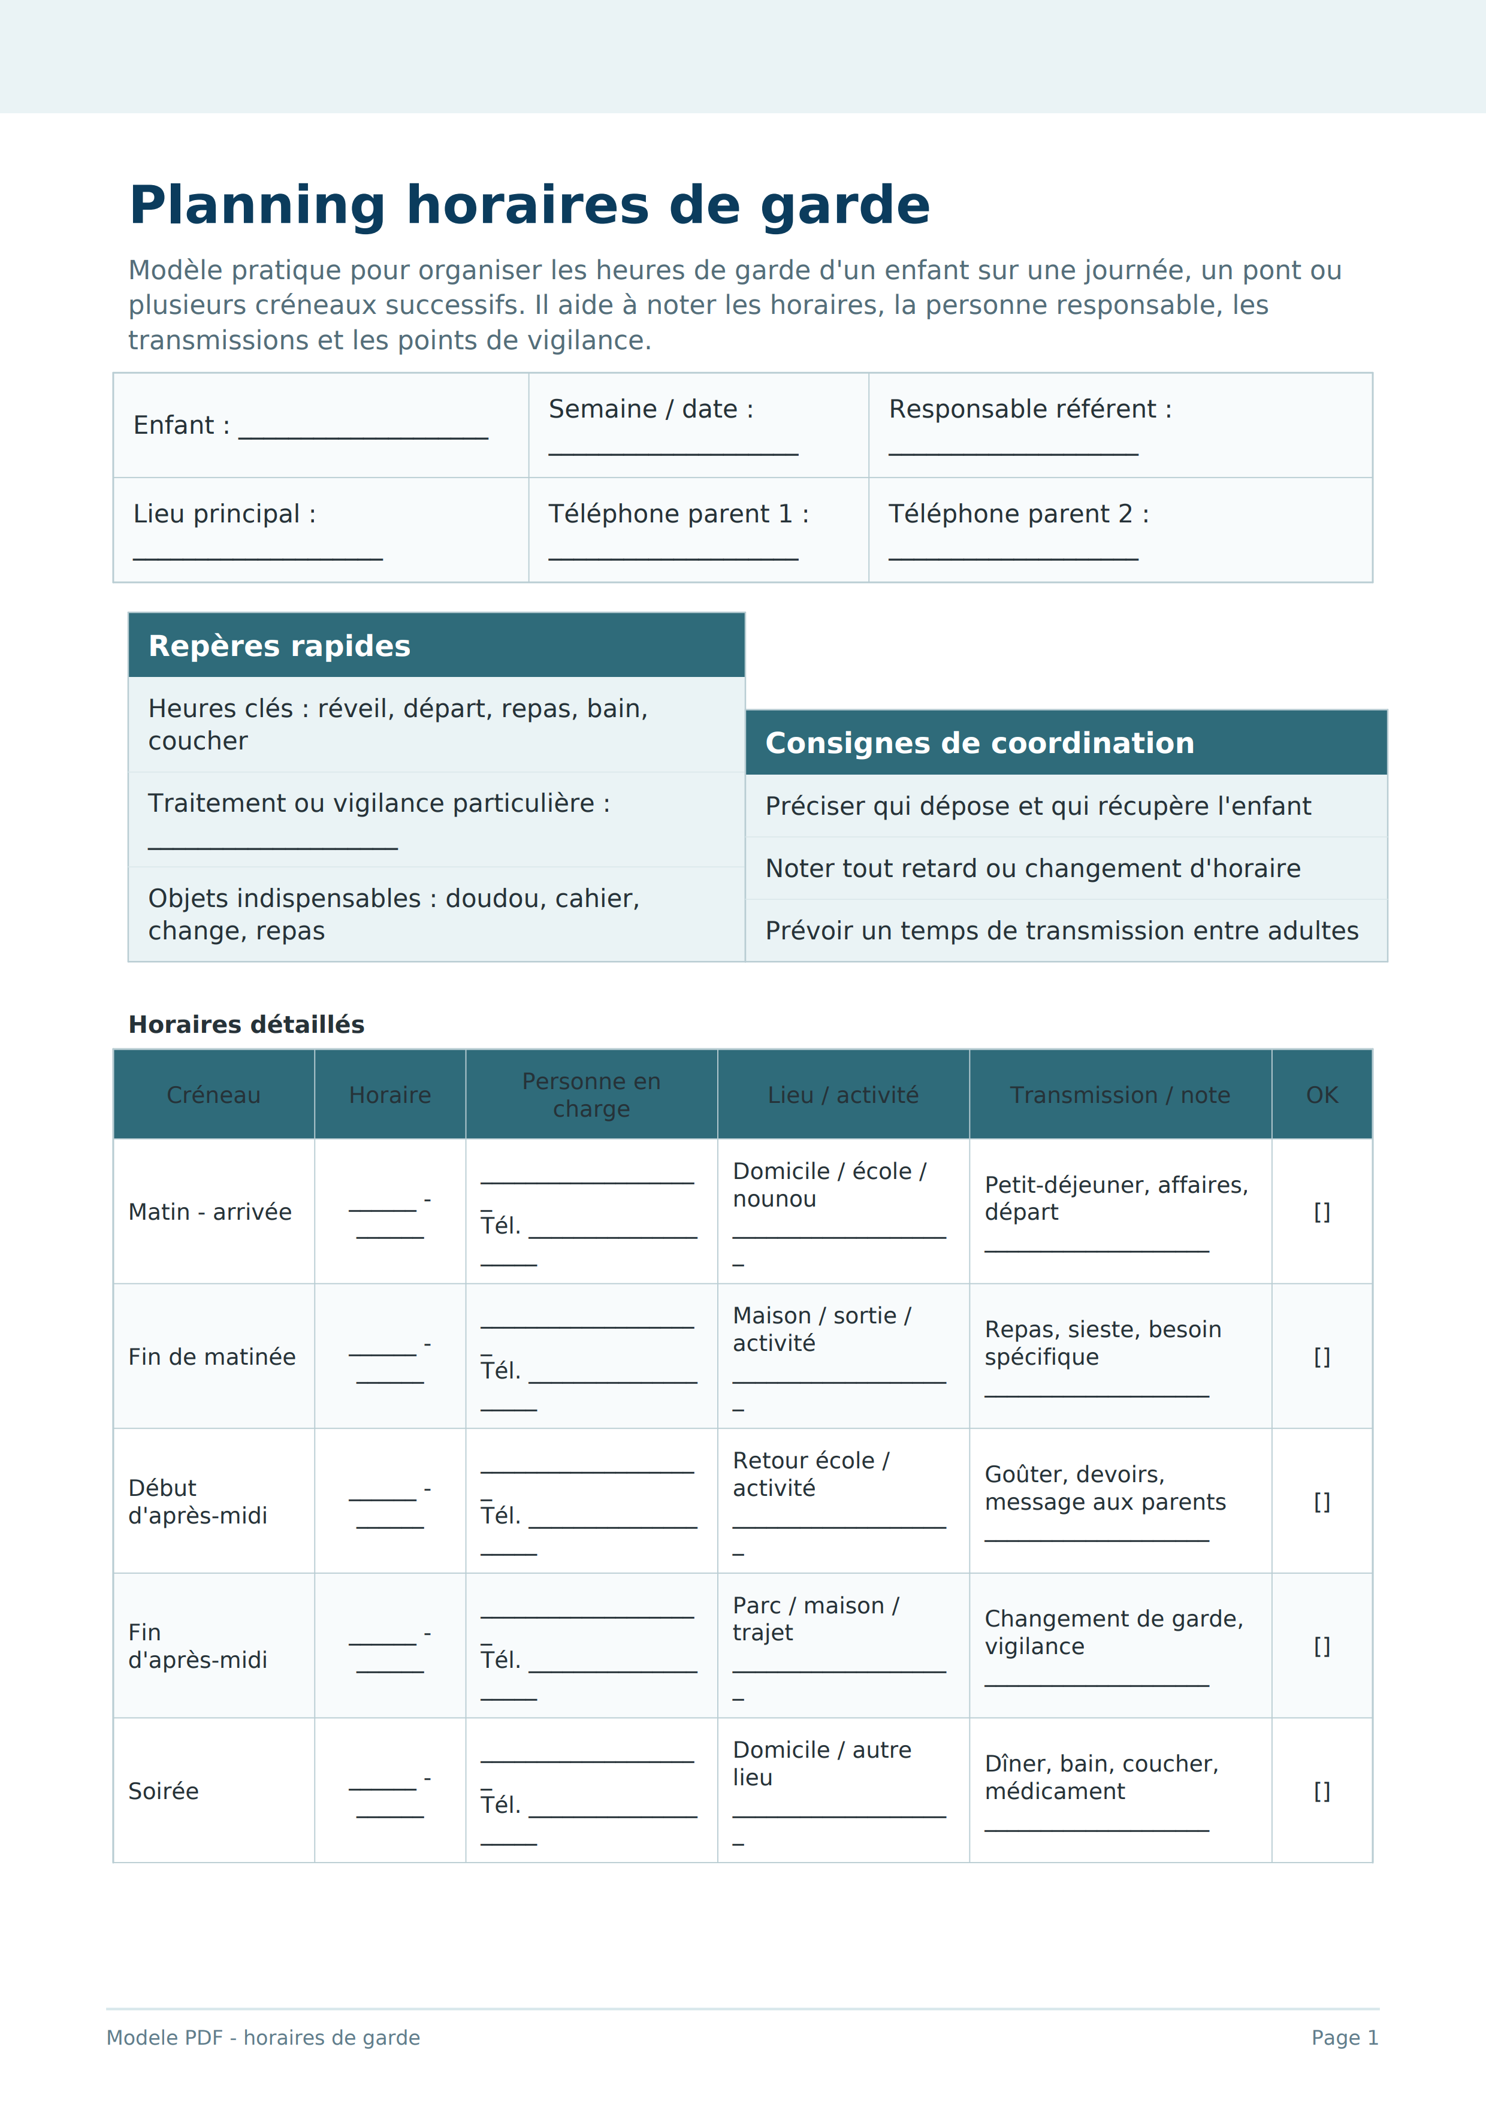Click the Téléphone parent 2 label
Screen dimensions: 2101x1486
coord(1017,514)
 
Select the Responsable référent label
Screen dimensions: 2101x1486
coord(1029,409)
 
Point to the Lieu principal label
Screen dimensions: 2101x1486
coord(224,514)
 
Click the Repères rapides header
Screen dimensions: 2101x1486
coord(279,646)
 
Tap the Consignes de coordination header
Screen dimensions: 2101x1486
coord(979,743)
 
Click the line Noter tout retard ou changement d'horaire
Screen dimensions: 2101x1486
coord(1032,869)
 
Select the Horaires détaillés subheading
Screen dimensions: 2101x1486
coord(246,1025)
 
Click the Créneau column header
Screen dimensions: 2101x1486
coord(213,1095)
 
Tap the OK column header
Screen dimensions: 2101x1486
coord(1321,1095)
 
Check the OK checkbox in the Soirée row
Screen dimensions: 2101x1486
coord(1321,1792)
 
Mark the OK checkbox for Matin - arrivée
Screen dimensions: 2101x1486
coord(1321,1213)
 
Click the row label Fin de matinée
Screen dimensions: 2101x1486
coord(212,1357)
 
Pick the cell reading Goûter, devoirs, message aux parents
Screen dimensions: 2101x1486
coord(1104,1488)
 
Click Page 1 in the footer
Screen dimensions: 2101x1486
coord(1344,2038)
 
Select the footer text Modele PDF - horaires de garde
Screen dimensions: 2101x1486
coord(262,2038)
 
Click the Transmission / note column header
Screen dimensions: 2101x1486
coord(1119,1095)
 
